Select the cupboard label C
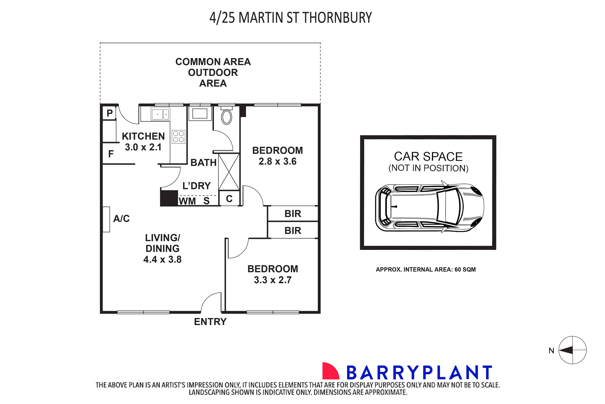pos(229,199)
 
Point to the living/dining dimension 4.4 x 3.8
pos(162,259)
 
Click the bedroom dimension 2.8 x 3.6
pos(277,161)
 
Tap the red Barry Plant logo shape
pos(330,371)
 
